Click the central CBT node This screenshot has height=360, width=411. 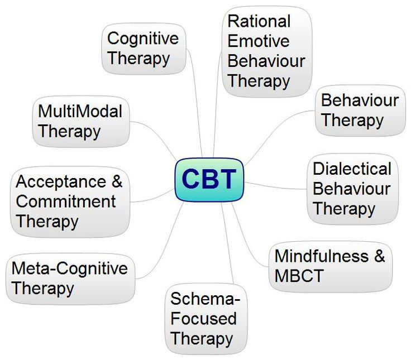209,180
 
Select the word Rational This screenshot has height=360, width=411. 259,21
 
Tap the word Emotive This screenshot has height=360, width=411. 259,41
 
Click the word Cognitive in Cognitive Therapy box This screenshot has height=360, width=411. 143,39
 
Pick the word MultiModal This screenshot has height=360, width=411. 80,111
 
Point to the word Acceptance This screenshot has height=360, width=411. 61,181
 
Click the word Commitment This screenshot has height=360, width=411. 66,201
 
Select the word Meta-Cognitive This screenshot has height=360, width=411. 70,268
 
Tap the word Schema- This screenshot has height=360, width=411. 205,299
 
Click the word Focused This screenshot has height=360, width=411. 204,318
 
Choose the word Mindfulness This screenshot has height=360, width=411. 322,256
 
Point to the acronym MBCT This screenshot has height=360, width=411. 299,276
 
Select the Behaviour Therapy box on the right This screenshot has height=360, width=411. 360,111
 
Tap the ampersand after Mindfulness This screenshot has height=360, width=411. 380,256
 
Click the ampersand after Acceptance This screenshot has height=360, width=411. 117,181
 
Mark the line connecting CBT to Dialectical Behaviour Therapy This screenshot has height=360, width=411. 275,186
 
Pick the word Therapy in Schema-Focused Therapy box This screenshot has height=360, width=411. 202,339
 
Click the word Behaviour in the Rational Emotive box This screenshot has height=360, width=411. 266,61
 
